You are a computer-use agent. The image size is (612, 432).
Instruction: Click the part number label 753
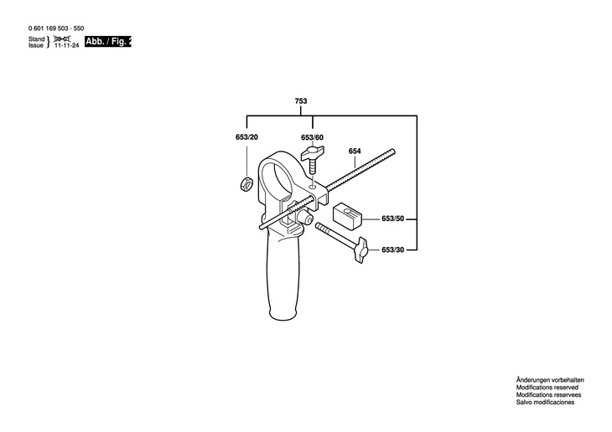click(301, 101)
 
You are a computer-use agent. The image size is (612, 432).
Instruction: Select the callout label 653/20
click(246, 137)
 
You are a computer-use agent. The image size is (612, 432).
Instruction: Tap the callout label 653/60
click(314, 137)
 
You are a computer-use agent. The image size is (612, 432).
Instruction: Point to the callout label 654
click(355, 151)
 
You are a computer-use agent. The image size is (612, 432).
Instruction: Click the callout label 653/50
click(393, 219)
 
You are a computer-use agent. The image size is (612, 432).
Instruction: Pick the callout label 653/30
click(393, 249)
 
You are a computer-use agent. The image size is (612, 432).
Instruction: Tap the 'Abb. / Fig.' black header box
click(108, 41)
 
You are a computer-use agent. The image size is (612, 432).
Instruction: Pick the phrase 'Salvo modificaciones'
click(544, 404)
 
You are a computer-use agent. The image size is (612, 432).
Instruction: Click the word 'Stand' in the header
click(36, 39)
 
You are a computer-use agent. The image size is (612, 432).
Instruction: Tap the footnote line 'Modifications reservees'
click(547, 396)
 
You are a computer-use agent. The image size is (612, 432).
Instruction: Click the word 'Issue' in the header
click(36, 46)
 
